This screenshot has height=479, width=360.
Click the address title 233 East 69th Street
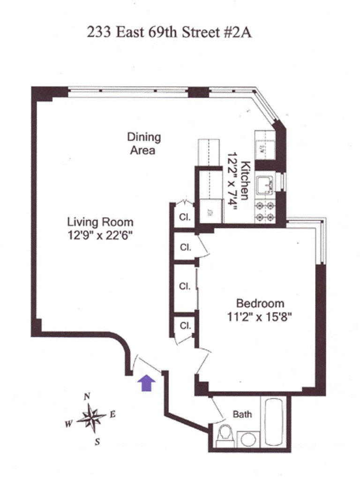(169, 32)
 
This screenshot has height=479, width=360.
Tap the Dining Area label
(144, 144)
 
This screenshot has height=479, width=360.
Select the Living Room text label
(100, 222)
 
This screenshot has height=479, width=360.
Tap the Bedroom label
(260, 303)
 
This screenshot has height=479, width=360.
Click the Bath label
(242, 414)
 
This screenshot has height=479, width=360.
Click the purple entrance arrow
(147, 382)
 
